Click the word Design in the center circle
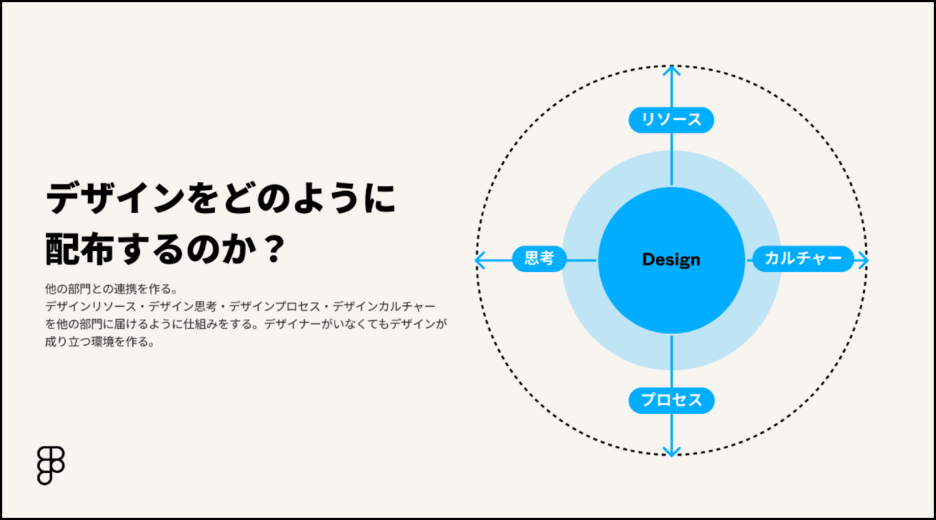(671, 259)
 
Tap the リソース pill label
(671, 120)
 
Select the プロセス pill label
(671, 401)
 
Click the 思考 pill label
(539, 259)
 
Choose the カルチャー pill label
(803, 259)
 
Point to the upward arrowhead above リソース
(672, 71)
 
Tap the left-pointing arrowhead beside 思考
(480, 261)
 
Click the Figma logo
(50, 465)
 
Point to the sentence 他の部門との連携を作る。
(112, 289)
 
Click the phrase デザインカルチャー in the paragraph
(384, 306)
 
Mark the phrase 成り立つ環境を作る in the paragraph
(97, 342)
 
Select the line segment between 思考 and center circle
(581, 261)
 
